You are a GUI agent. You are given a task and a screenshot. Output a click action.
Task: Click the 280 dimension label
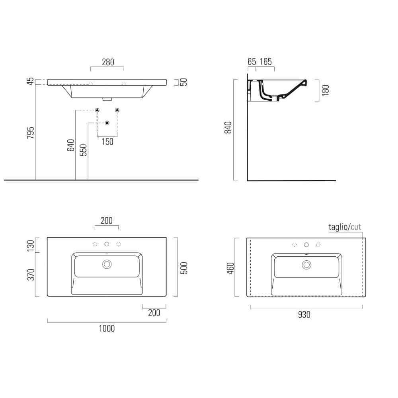(x=108, y=62)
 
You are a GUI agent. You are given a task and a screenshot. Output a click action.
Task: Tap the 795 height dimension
(x=31, y=133)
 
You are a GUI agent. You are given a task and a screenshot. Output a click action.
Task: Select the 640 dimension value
(x=70, y=145)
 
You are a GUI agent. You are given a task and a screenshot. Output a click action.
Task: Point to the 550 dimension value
(x=83, y=150)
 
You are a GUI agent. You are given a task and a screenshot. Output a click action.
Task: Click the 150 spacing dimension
(x=107, y=142)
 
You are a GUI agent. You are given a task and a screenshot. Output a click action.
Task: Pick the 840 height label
(x=228, y=128)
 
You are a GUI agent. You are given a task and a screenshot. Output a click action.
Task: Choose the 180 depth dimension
(x=325, y=91)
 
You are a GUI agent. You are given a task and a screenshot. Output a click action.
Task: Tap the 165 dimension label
(x=266, y=62)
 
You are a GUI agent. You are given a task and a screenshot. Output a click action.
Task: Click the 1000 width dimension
(x=107, y=328)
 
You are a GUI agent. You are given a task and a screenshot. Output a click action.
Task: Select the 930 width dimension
(x=304, y=315)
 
